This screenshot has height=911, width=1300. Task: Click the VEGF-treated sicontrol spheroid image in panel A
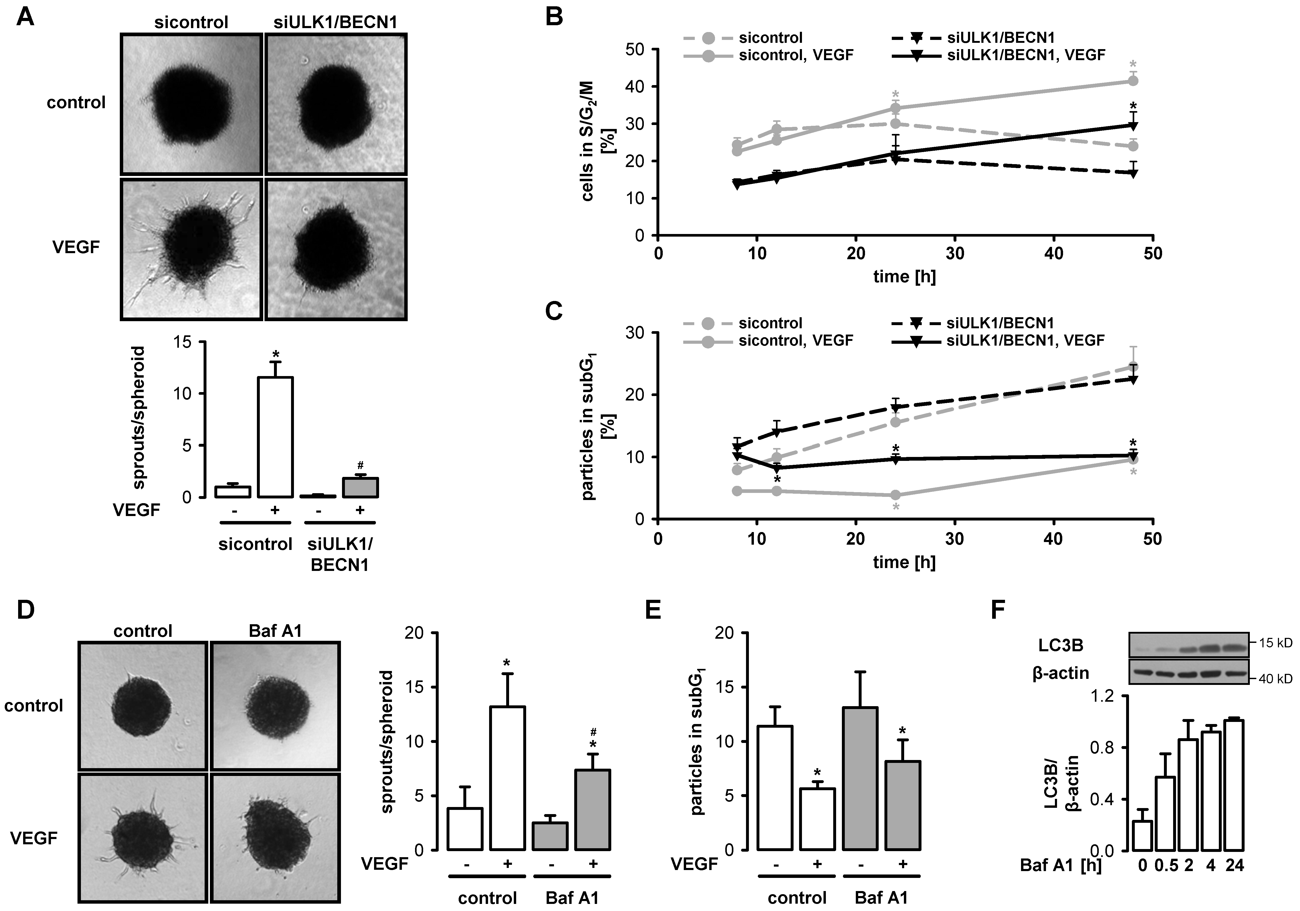192,249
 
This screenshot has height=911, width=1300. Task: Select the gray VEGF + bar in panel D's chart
592,810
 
